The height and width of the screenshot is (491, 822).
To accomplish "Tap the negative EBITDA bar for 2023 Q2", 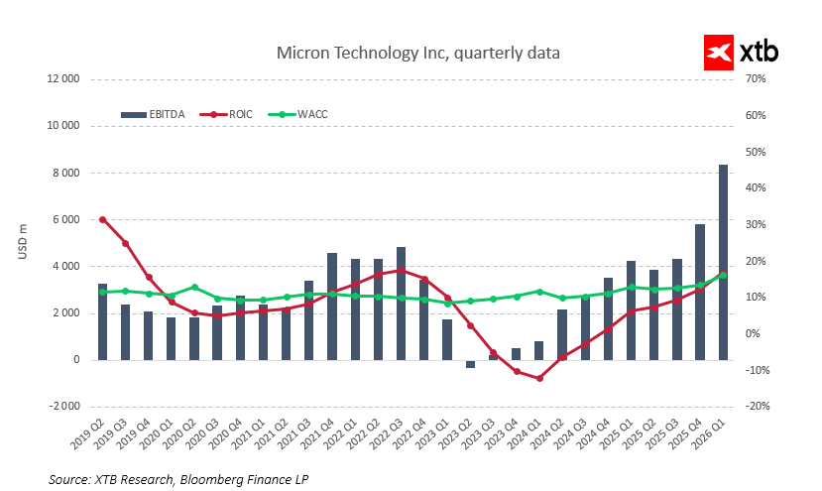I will pos(470,364).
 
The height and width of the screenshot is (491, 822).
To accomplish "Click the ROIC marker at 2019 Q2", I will pos(102,219).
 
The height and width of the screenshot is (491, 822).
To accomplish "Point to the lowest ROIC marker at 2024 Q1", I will pos(539,378).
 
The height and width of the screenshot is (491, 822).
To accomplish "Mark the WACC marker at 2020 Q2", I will pos(194,288).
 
